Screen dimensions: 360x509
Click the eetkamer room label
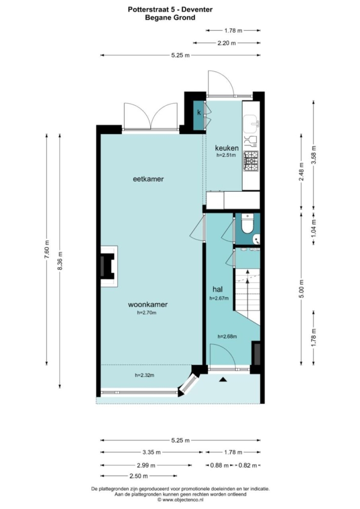click(148, 179)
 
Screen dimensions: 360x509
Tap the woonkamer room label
click(148, 304)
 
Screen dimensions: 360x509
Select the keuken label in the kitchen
click(227, 148)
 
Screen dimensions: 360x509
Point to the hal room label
click(218, 289)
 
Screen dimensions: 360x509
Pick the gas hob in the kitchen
click(251, 161)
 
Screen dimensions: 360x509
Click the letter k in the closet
click(199, 113)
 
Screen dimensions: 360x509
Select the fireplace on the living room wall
click(108, 266)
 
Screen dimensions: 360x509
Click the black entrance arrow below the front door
click(223, 379)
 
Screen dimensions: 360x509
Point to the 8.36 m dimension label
click(59, 261)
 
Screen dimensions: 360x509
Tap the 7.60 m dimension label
click(47, 249)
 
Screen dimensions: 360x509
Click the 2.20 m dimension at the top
click(226, 43)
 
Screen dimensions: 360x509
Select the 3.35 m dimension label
click(151, 452)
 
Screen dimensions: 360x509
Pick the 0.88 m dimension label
click(220, 466)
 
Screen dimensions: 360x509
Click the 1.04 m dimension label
click(314, 228)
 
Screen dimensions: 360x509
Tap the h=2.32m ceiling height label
click(144, 375)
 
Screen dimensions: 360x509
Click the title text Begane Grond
click(170, 17)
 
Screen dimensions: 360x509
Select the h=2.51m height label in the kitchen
click(226, 155)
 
